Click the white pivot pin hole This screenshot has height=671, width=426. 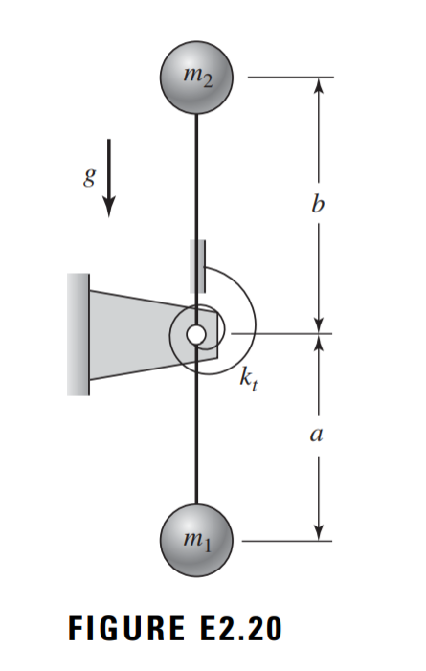[195, 334]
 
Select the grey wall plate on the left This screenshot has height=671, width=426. [78, 334]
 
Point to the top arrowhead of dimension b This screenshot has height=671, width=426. [320, 84]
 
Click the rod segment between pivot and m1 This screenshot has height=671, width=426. [195, 431]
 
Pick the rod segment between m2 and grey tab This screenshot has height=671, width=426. [195, 172]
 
